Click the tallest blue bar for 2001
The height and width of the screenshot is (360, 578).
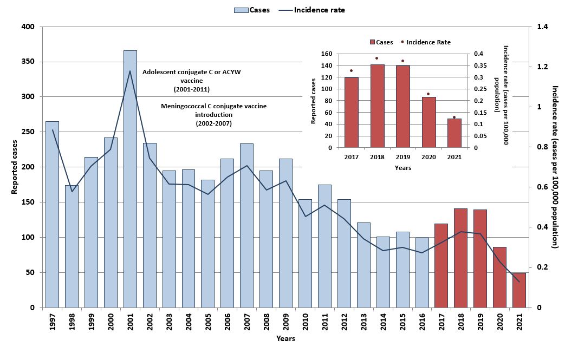[x=130, y=179]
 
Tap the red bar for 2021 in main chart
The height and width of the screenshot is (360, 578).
[x=519, y=290]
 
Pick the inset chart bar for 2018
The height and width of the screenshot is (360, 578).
[x=377, y=106]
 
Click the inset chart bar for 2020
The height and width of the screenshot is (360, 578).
[x=428, y=122]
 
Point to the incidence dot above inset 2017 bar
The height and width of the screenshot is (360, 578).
[x=351, y=70]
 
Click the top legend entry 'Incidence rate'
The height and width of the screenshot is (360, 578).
[x=319, y=10]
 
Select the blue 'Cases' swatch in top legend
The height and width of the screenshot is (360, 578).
[x=241, y=10]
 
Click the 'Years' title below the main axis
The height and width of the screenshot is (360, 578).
[x=285, y=339]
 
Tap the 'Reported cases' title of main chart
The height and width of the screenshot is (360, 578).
[x=15, y=167]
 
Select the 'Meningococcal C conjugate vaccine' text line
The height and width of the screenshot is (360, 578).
[x=213, y=106]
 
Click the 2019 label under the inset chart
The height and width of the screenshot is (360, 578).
[x=402, y=158]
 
